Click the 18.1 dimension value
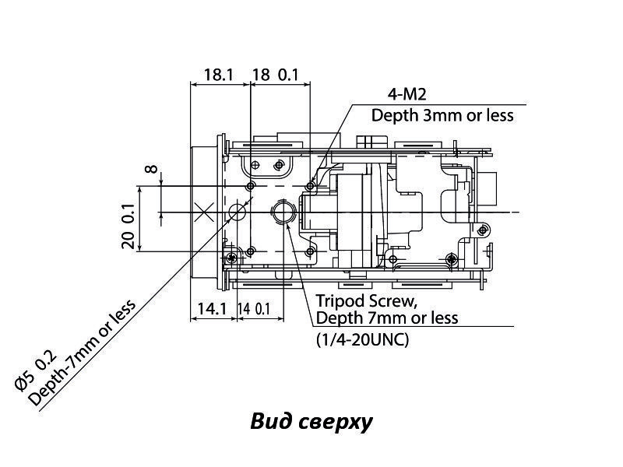click(x=219, y=75)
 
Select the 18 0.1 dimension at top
click(x=276, y=75)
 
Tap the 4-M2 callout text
click(x=407, y=95)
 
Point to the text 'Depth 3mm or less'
click(x=442, y=115)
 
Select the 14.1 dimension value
click(x=211, y=309)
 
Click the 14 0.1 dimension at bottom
click(x=255, y=309)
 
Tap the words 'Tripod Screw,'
click(x=357, y=300)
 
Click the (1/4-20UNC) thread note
click(x=362, y=340)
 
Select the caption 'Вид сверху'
click(x=311, y=422)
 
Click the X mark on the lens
click(x=204, y=211)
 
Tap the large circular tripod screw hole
click(x=282, y=212)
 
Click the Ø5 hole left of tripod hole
click(x=238, y=212)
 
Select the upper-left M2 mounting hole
click(x=250, y=187)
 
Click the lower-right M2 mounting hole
click(x=311, y=251)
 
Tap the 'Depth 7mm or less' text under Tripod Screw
click(x=386, y=318)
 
